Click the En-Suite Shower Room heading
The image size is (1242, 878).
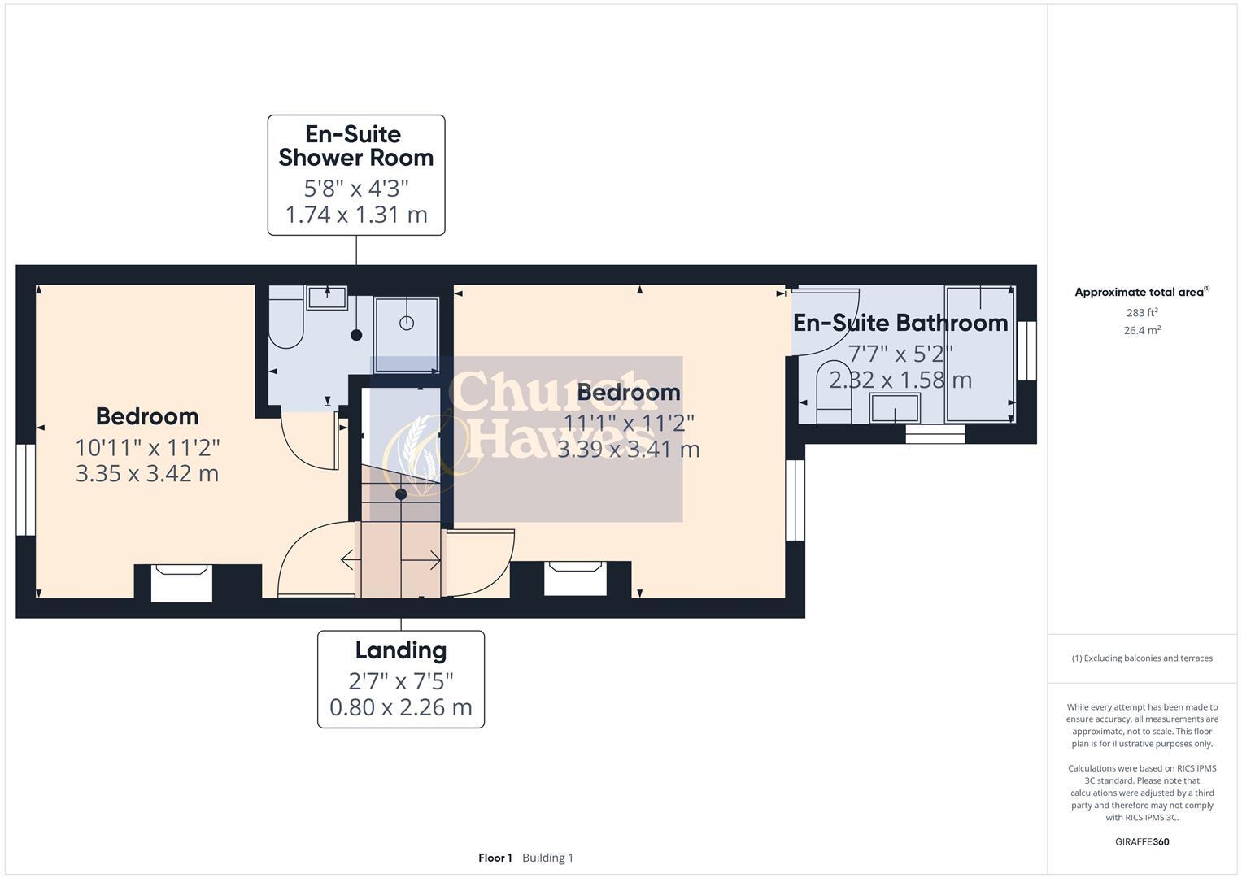pyautogui.click(x=355, y=146)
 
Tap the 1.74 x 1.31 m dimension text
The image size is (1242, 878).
pyautogui.click(x=355, y=215)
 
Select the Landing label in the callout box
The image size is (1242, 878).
pyautogui.click(x=400, y=650)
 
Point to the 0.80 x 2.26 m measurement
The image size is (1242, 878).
pyautogui.click(x=400, y=707)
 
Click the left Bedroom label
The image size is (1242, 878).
pyautogui.click(x=147, y=416)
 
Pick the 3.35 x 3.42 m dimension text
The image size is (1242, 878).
pyautogui.click(x=147, y=473)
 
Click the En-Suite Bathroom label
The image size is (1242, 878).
pyautogui.click(x=900, y=323)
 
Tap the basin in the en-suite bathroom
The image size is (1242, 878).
pyautogui.click(x=895, y=408)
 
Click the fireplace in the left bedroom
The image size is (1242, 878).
pyautogui.click(x=181, y=583)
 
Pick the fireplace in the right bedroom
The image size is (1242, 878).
pyautogui.click(x=575, y=578)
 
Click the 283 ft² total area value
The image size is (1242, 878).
pyautogui.click(x=1142, y=312)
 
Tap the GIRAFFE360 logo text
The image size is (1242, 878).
pyautogui.click(x=1142, y=841)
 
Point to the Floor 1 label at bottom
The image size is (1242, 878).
pyautogui.click(x=495, y=858)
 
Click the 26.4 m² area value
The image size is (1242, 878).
pyautogui.click(x=1142, y=330)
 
